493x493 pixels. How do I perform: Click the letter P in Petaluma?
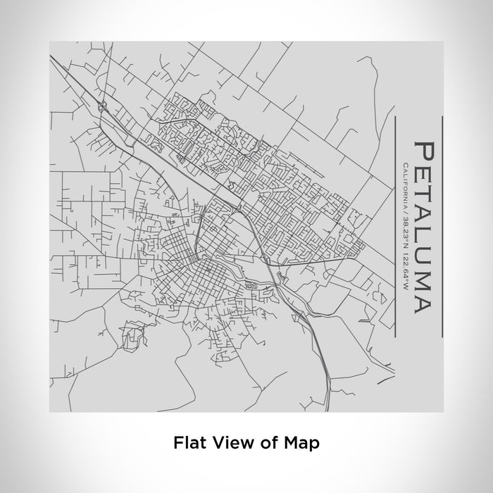click(x=423, y=151)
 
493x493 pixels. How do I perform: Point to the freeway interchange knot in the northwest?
click(x=103, y=107)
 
